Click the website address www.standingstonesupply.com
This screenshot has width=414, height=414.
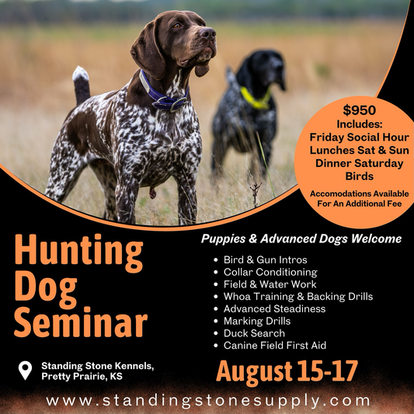pyautogui.click(x=207, y=401)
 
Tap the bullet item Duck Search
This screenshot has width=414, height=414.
pyautogui.click(x=254, y=333)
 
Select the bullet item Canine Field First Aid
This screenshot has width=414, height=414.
pyautogui.click(x=275, y=346)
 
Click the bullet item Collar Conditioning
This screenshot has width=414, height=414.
pyautogui.click(x=270, y=272)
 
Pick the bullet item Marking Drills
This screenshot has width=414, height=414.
pyautogui.click(x=258, y=321)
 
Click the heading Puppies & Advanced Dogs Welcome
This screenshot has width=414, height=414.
pyautogui.click(x=301, y=238)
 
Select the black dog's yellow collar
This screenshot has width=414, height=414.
pyautogui.click(x=256, y=99)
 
